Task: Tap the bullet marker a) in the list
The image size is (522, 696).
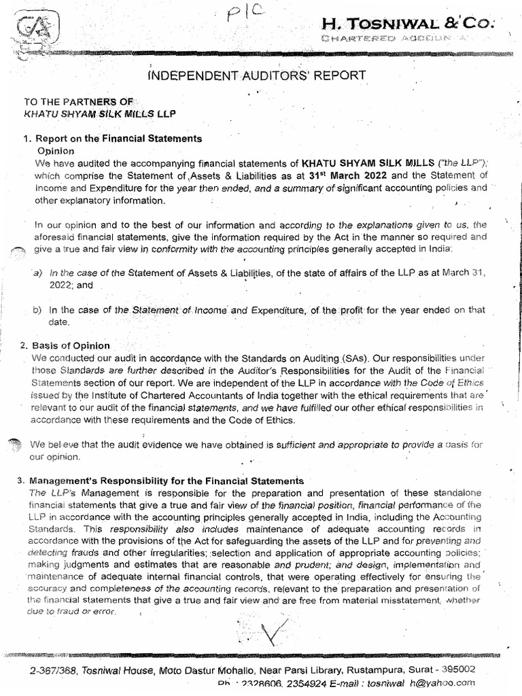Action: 37,273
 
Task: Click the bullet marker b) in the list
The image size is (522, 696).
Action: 37,311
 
